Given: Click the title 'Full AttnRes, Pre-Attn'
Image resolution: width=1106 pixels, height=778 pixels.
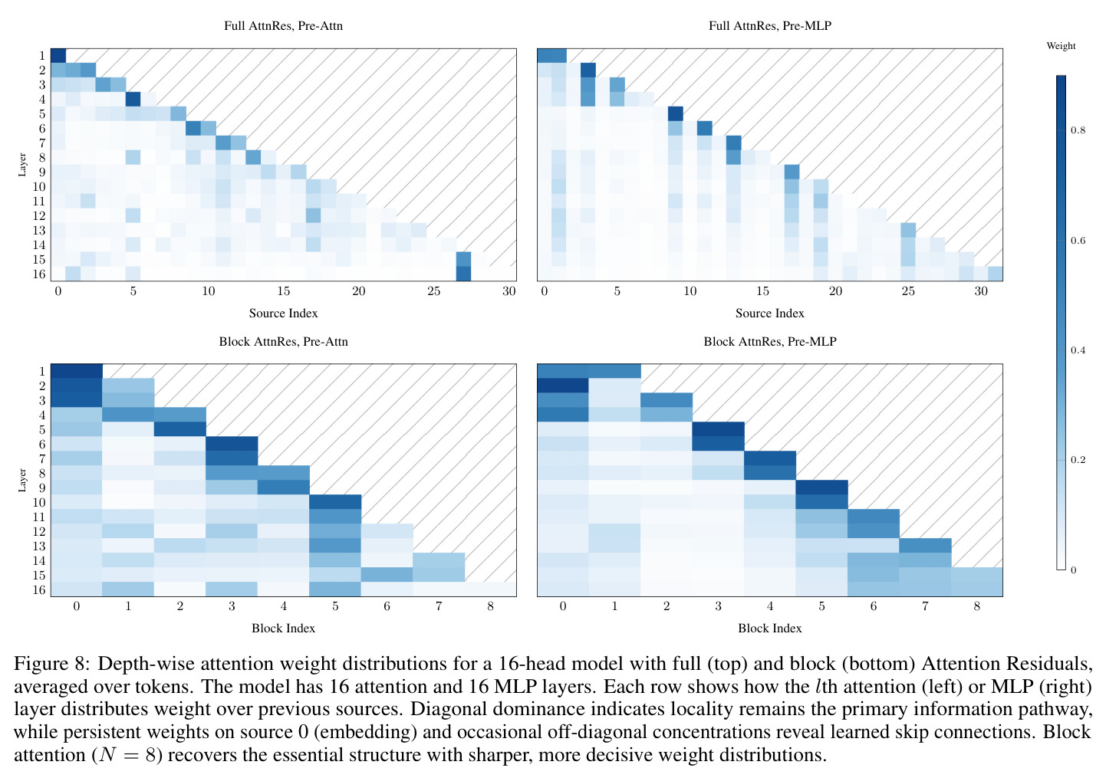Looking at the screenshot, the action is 284,26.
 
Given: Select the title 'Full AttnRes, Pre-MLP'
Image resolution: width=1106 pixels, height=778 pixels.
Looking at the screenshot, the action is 770,26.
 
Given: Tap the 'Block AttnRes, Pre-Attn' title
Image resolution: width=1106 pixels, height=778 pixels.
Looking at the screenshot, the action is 284,342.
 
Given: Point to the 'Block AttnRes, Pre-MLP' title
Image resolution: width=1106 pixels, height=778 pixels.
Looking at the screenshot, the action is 770,342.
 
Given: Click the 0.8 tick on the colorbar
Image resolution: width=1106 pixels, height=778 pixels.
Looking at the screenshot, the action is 1078,131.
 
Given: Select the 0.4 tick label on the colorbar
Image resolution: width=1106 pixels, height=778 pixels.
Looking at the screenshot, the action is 1078,350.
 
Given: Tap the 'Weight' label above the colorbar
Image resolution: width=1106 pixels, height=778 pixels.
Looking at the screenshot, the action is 1061,47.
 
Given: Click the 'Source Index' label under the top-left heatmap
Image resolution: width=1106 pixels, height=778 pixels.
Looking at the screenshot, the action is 284,313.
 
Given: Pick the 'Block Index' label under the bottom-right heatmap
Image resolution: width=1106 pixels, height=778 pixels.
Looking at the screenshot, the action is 770,628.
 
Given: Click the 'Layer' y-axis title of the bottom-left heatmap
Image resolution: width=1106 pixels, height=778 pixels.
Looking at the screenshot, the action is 22,480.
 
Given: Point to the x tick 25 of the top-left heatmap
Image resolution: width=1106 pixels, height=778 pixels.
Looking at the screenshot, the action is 433,291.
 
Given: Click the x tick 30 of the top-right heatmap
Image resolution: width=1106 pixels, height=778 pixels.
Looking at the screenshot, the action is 980,291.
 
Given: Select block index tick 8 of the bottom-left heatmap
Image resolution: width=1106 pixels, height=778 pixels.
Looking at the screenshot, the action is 490,606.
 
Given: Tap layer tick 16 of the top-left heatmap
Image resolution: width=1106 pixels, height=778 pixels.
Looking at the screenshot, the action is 39,274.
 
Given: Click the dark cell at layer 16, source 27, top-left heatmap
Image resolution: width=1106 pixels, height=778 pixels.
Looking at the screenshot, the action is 463,274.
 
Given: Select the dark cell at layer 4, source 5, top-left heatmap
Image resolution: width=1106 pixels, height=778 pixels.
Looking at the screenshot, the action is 133,99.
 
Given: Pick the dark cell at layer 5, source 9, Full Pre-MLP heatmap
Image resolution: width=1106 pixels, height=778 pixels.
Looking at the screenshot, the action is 676,113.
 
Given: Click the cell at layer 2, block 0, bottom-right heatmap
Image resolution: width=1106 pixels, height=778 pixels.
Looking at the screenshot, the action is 563,386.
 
